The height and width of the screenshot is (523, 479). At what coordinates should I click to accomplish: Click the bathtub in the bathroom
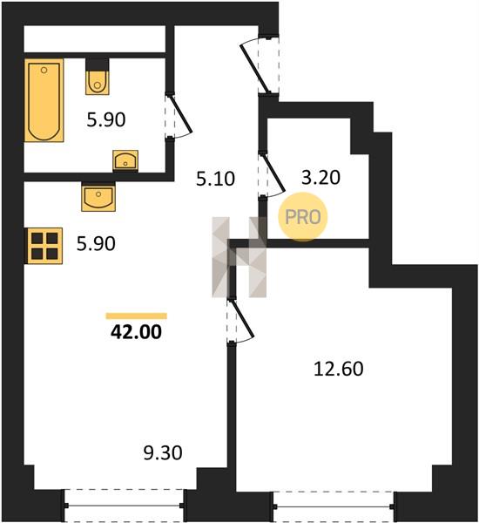pyautogui.click(x=44, y=100)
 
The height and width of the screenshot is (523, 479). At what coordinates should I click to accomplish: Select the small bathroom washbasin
pyautogui.click(x=125, y=160)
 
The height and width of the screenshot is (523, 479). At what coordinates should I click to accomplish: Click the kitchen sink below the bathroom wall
pyautogui.click(x=98, y=197)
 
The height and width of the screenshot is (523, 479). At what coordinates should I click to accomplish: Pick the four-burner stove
pyautogui.click(x=44, y=246)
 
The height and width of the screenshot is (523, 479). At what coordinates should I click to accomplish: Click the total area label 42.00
pyautogui.click(x=136, y=332)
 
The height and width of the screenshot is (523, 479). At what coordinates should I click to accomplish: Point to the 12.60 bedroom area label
pyautogui.click(x=338, y=369)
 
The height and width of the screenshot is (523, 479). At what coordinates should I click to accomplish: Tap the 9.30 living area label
pyautogui.click(x=163, y=453)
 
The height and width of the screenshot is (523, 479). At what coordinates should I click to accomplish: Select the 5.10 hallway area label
pyautogui.click(x=215, y=179)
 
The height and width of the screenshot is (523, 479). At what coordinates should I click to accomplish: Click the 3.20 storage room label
pyautogui.click(x=320, y=178)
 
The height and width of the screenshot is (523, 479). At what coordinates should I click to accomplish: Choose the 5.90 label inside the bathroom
pyautogui.click(x=106, y=119)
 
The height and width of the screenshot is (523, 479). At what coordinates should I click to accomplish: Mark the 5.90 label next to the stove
pyautogui.click(x=96, y=243)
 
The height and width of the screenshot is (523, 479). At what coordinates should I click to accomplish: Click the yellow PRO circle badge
pyautogui.click(x=303, y=217)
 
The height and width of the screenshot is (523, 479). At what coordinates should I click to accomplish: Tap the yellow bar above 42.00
pyautogui.click(x=137, y=316)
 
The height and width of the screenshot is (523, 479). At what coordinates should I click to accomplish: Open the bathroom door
pyautogui.click(x=179, y=116)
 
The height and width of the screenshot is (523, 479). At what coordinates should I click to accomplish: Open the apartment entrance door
pyautogui.click(x=260, y=65)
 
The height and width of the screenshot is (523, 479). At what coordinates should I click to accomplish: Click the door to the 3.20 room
pyautogui.click(x=272, y=174)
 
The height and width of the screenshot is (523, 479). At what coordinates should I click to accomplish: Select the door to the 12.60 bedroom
pyautogui.click(x=240, y=321)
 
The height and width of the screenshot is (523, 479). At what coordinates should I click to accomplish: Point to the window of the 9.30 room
pyautogui.click(x=124, y=506)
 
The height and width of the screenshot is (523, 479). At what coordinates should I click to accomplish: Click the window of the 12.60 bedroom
pyautogui.click(x=334, y=506)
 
